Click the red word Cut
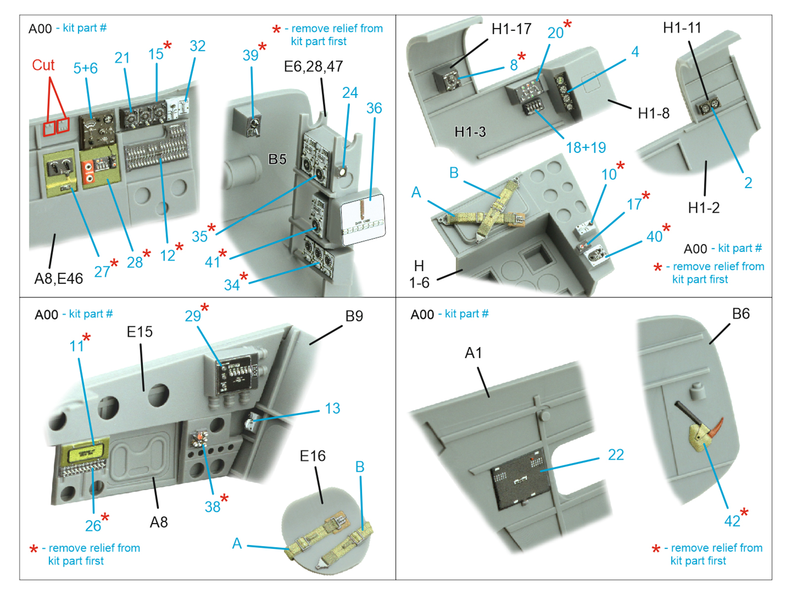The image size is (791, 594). (43, 65)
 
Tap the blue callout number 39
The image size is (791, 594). (250, 55)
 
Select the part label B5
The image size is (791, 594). (277, 159)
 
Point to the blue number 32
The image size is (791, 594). (197, 46)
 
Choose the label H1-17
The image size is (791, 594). (511, 29)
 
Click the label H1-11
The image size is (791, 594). (682, 28)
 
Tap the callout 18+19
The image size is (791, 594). (585, 148)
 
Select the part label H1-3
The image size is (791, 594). (470, 132)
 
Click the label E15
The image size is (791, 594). (139, 332)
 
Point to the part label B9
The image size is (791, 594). (354, 316)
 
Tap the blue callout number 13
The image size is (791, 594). (332, 408)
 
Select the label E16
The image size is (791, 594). (312, 456)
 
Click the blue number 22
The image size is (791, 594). (615, 454)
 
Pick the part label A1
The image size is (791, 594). (473, 353)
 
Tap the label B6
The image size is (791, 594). (741, 314)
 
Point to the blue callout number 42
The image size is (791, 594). (732, 521)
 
